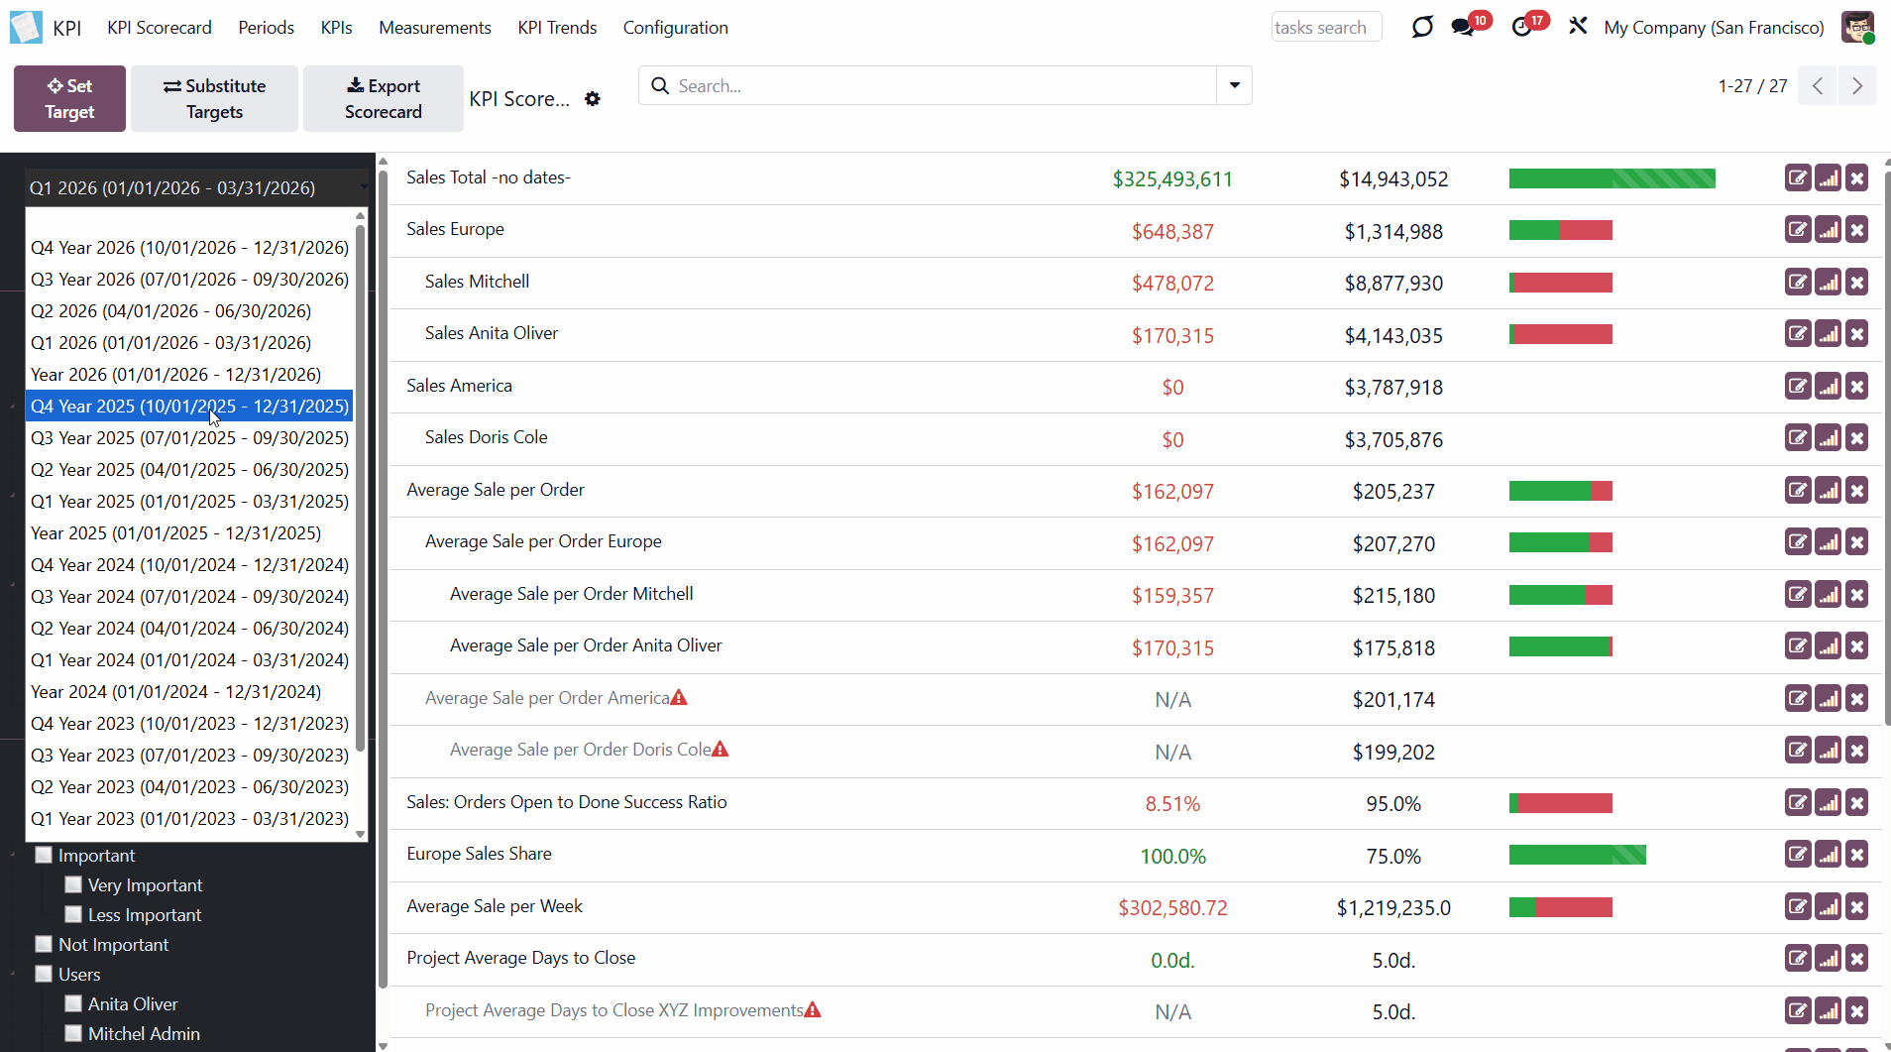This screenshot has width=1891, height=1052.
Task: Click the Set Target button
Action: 69,98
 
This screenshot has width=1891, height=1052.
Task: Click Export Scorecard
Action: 383,98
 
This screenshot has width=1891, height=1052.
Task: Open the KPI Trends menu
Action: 557,28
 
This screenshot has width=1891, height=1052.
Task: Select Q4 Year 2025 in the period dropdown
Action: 189,407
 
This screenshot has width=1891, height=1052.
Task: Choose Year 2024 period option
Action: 176,692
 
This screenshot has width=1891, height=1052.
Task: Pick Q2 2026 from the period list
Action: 171,311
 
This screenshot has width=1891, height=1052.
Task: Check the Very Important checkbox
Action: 73,884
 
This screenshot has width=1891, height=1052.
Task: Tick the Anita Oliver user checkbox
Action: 73,1003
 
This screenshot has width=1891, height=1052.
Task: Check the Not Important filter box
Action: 44,944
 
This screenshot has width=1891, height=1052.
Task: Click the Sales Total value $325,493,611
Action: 1172,179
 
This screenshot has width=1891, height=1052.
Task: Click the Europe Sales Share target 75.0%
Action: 1393,857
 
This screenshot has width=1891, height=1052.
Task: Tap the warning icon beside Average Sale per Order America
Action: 679,698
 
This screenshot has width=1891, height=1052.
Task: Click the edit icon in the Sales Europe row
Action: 1798,230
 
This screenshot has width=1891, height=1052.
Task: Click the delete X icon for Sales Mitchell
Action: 1857,283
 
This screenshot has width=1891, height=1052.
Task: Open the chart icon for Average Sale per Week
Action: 1829,907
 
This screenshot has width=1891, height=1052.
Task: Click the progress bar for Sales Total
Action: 1612,178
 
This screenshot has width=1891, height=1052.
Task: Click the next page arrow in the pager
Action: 1857,86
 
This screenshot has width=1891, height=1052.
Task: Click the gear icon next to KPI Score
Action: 593,99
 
